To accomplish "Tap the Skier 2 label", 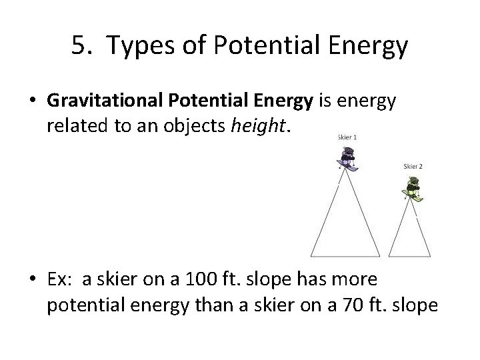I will tap(413, 165).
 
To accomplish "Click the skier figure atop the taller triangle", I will tap(346, 158).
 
